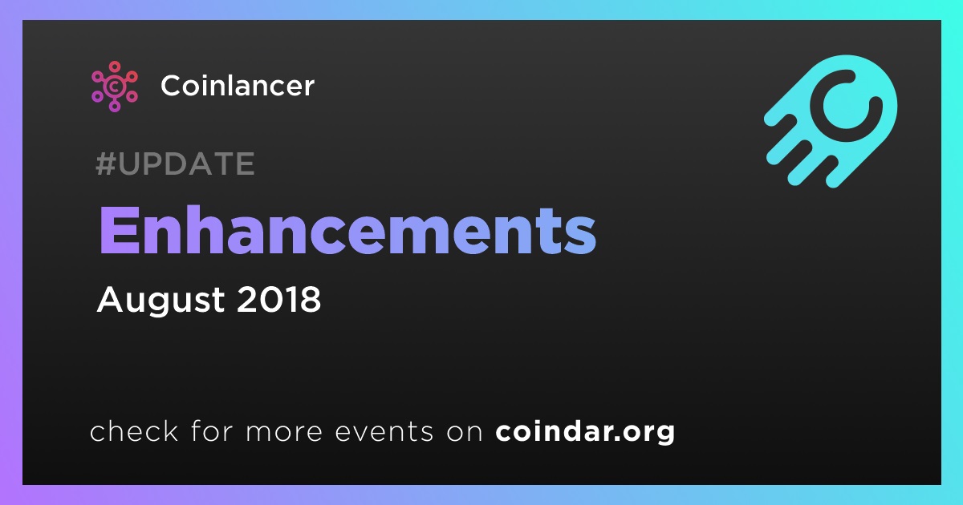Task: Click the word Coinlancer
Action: pyautogui.click(x=238, y=86)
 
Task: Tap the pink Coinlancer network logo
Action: pyautogui.click(x=114, y=87)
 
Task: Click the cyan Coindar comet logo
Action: pyautogui.click(x=831, y=121)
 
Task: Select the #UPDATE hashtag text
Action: pyautogui.click(x=176, y=164)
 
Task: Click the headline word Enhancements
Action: pyautogui.click(x=347, y=230)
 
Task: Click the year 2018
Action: pyautogui.click(x=278, y=299)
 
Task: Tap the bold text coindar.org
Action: pyautogui.click(x=585, y=431)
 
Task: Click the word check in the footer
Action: pyautogui.click(x=134, y=430)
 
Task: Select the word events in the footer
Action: pyautogui.click(x=384, y=431)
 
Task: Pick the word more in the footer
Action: pyautogui.click(x=284, y=432)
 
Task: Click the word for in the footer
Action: pyautogui.click(x=212, y=430)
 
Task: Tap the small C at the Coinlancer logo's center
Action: pyautogui.click(x=114, y=87)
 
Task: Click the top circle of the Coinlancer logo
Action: pyautogui.click(x=114, y=67)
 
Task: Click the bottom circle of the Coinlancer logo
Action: pyautogui.click(x=114, y=106)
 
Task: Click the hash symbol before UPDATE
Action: pyautogui.click(x=106, y=164)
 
